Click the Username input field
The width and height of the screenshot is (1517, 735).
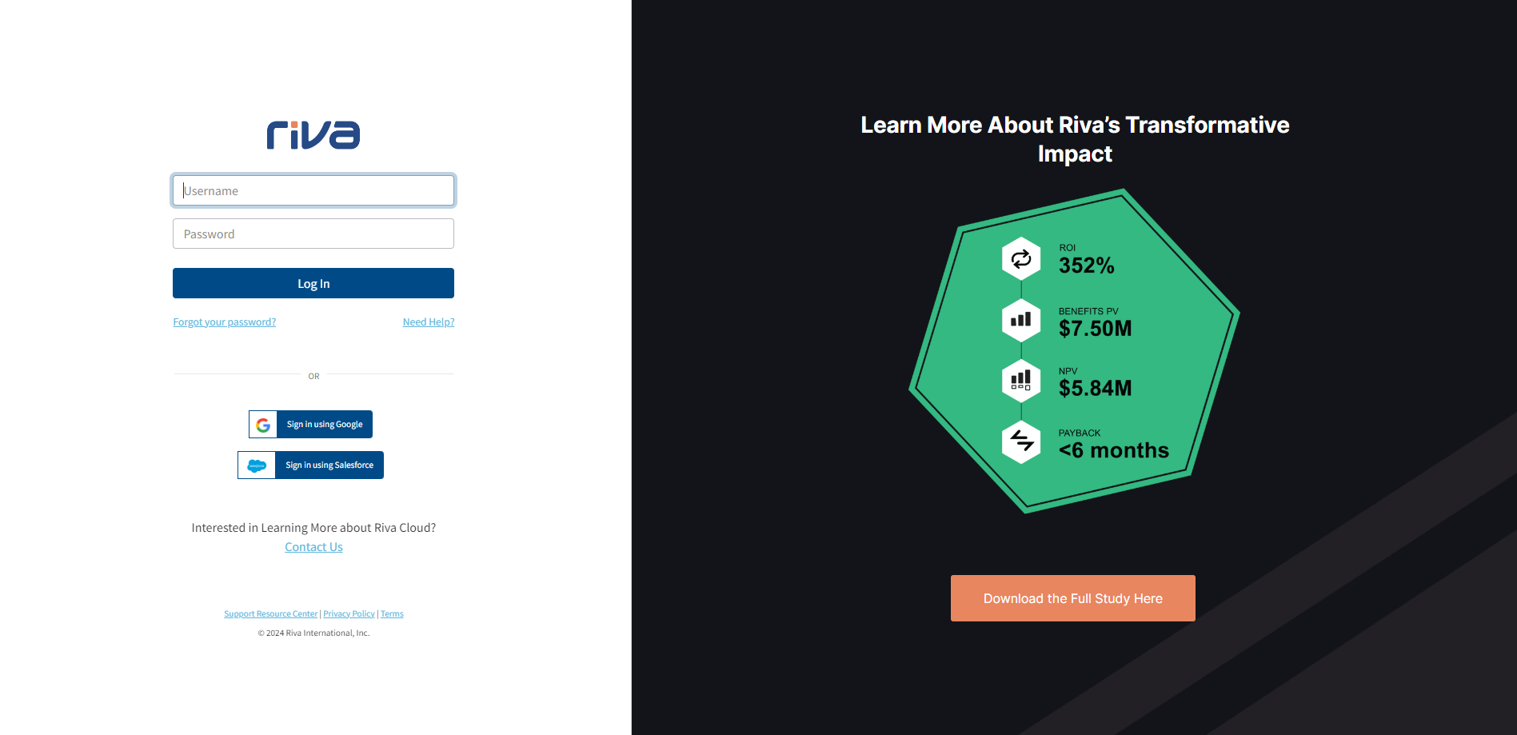313,190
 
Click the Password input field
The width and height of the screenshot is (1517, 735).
313,234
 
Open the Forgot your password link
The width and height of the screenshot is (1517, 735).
225,322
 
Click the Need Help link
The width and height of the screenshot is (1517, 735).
429,322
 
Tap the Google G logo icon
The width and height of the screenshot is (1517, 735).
263,425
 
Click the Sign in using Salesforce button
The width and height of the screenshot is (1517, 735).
310,465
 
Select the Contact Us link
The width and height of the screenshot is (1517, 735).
313,547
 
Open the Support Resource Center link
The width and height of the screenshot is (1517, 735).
271,614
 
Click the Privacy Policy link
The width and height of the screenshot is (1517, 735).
349,614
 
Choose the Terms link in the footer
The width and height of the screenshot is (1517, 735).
392,614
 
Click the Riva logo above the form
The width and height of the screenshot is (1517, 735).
313,134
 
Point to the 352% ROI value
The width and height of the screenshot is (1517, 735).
1087,266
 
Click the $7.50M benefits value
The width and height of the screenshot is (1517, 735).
1096,329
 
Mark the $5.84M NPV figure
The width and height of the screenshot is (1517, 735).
1096,389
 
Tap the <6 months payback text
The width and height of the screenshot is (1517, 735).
1114,450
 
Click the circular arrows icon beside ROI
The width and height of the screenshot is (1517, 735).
1021,258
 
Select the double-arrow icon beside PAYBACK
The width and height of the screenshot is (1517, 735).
1021,441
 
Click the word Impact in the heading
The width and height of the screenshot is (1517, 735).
1075,154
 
